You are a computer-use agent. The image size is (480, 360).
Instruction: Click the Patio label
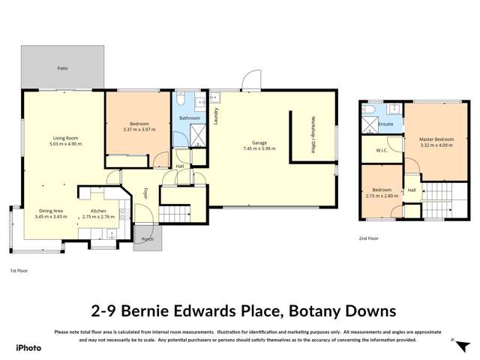pos(63,68)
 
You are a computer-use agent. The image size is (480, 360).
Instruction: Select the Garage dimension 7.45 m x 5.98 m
pos(259,148)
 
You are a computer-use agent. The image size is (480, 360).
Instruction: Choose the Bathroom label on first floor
pos(189,118)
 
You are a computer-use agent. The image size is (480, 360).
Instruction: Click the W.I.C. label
pos(381,150)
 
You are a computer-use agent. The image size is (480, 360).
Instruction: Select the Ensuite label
pos(386,124)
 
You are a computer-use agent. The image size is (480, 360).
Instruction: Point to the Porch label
pos(148,239)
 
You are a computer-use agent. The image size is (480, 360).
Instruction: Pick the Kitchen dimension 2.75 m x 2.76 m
pos(103,217)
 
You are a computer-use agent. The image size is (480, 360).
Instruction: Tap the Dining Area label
pos(51,211)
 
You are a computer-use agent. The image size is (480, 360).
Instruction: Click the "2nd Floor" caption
pos(368,238)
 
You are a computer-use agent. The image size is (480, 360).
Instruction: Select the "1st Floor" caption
pos(19,270)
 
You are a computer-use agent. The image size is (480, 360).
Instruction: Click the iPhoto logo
pos(29,347)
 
